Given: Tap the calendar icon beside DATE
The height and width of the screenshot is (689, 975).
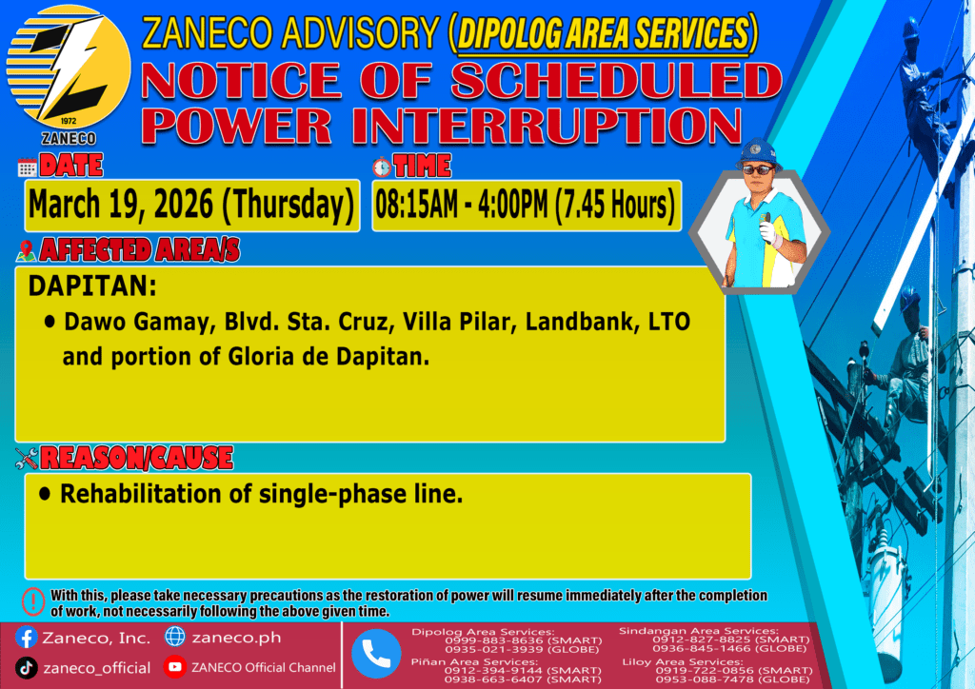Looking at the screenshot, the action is pos(28,167).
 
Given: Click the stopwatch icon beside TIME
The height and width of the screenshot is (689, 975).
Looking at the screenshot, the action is pos(382,167).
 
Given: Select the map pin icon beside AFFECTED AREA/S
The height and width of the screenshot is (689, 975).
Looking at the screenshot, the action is pos(26,250).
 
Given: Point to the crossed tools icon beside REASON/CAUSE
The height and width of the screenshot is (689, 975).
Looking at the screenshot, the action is pos(27,459).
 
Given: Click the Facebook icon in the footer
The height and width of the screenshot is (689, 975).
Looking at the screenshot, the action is pos(26,638).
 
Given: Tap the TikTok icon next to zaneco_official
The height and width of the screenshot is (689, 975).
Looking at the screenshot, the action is pos(26,668).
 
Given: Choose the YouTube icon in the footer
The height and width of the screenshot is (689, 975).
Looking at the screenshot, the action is pos(175,667).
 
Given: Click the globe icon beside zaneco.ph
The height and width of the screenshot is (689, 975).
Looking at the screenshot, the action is pos(175,637).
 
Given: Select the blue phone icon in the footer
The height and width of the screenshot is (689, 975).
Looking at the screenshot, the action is pos(376,654).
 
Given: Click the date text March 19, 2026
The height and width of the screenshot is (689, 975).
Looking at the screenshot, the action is pos(121,205).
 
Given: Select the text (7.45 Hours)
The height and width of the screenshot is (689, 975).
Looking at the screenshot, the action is pos(614,205).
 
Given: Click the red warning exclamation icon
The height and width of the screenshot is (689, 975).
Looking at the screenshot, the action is pos(33,602).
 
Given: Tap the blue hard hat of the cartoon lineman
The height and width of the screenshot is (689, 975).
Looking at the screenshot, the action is pos(758,153).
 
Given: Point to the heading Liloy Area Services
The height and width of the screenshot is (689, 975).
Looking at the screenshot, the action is pos(682,661).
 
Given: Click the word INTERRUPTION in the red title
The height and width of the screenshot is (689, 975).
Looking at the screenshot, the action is pos(547,127).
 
